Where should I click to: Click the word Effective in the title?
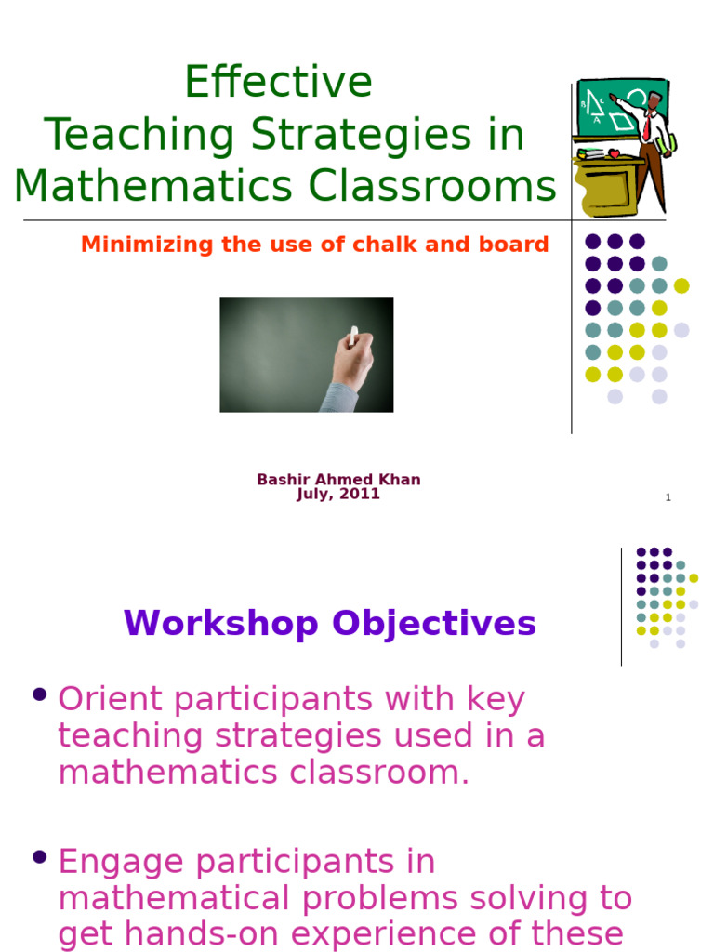pos(278,83)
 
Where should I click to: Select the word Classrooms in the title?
pos(432,187)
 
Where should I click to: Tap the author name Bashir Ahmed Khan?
pos(338,480)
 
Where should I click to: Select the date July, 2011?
pos(338,495)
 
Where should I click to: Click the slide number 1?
pos(668,497)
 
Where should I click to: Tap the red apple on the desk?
pos(614,153)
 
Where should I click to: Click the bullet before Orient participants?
pos(39,694)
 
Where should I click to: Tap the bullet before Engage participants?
pos(39,856)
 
